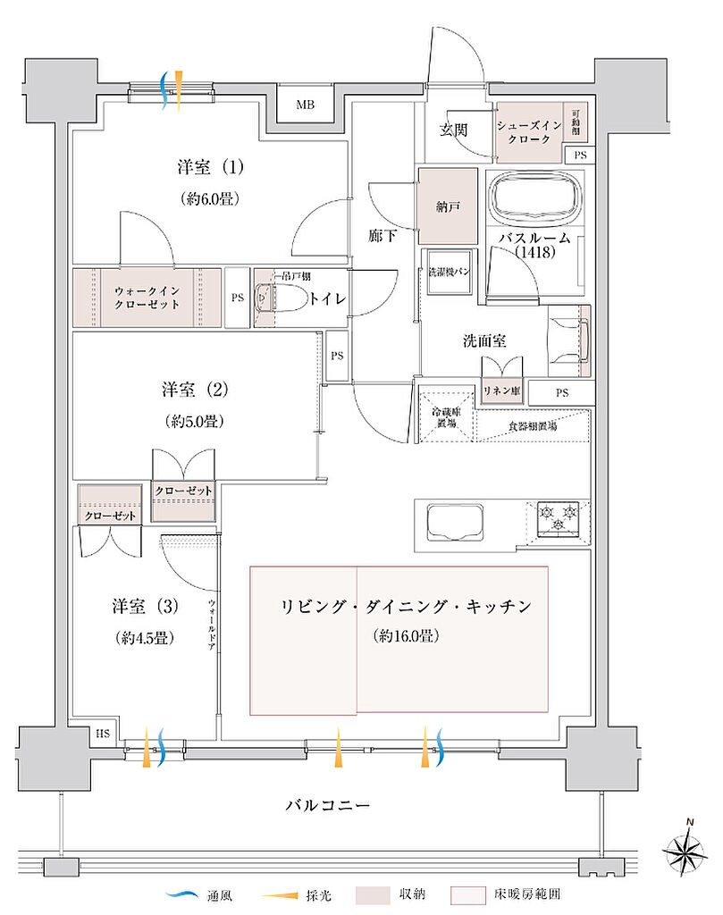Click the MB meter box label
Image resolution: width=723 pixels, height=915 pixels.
pyautogui.click(x=306, y=105)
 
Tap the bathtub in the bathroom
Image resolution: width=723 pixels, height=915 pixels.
pyautogui.click(x=534, y=197)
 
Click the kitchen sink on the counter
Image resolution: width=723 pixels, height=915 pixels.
pyautogui.click(x=457, y=520)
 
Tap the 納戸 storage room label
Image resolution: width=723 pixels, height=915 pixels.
pyautogui.click(x=447, y=206)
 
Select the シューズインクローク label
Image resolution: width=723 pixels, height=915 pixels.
pyautogui.click(x=530, y=135)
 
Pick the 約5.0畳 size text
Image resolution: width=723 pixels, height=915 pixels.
pyautogui.click(x=193, y=420)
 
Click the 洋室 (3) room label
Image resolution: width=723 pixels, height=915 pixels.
pyautogui.click(x=144, y=606)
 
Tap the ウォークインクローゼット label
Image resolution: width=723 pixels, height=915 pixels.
pyautogui.click(x=146, y=298)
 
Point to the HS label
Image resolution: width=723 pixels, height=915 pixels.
pyautogui.click(x=103, y=734)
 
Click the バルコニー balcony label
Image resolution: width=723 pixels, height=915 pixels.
pyautogui.click(x=327, y=805)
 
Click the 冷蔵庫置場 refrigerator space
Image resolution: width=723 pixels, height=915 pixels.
pyautogui.click(x=447, y=417)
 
